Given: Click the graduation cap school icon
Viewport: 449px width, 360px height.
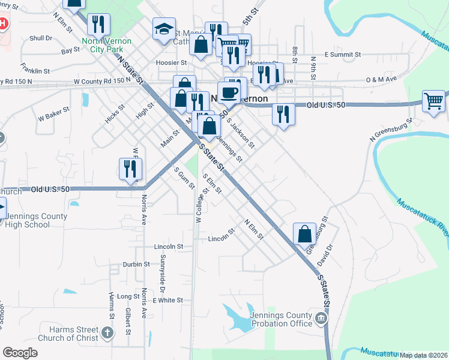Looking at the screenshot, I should pos(163,29).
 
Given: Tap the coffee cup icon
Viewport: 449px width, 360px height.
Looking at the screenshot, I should pos(228,92).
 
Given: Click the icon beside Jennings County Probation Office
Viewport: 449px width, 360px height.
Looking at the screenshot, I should pos(322,317).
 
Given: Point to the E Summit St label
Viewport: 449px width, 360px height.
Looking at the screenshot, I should pos(342,55).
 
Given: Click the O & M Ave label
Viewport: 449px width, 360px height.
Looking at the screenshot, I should pos(382,79).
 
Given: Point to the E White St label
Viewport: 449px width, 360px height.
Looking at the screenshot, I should pos(167,300).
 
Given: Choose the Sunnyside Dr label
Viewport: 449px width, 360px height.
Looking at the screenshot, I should pos(162,270).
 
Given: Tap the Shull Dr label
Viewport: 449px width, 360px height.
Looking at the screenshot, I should pos(41,38).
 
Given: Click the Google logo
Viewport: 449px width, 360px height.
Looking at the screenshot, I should pos(20,353).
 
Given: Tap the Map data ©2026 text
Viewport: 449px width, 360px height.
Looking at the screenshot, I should pos(424,355).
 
